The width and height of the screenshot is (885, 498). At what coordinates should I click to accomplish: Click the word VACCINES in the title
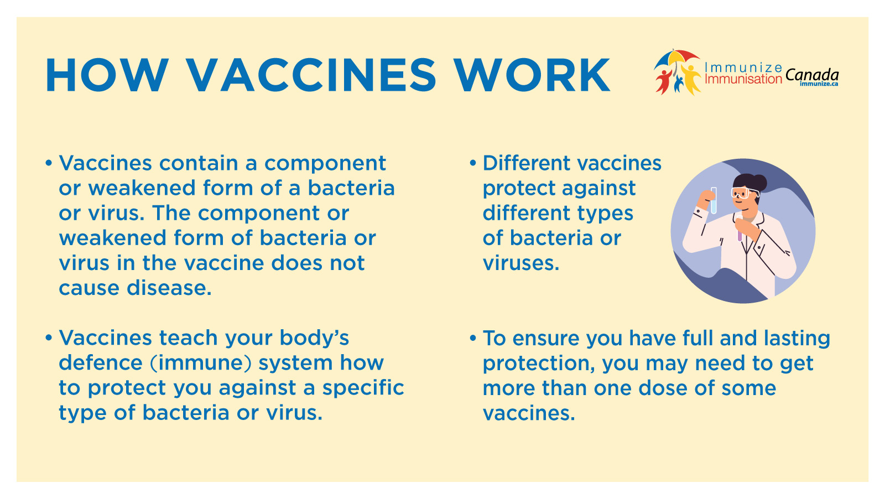tap(311, 75)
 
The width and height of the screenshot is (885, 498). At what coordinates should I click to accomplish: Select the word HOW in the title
tap(107, 75)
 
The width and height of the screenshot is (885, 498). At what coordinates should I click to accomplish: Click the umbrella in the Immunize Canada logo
tap(678, 57)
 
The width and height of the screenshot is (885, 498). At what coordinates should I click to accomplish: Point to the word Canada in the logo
tap(812, 74)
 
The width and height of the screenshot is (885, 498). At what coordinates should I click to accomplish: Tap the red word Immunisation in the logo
tap(743, 79)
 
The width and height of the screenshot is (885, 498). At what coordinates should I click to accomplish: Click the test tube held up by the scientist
tap(714, 200)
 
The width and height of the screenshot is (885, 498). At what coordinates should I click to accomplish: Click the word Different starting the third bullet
tap(526, 163)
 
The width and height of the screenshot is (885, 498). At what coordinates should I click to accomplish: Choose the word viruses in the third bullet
tap(520, 263)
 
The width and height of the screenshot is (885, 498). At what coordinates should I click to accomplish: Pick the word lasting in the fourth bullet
tap(796, 338)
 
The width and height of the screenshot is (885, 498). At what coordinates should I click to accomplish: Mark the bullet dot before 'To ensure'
tap(473, 338)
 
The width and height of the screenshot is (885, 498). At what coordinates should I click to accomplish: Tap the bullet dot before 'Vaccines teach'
tap(49, 338)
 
